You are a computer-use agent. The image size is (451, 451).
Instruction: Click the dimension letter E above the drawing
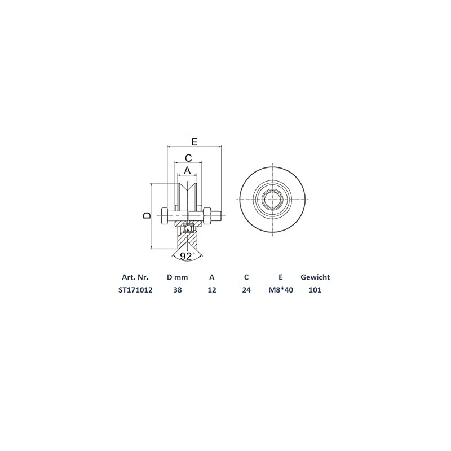pos(194,141)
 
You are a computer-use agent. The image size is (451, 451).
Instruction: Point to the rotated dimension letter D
pos(146,215)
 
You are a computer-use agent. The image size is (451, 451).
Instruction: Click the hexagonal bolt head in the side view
pos(164,215)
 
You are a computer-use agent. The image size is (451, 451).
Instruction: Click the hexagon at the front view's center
pos(273,200)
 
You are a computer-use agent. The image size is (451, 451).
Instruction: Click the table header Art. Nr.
pos(135,277)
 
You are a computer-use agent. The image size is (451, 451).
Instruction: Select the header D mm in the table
pos(177,277)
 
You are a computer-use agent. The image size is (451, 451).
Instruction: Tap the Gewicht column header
pos(315,277)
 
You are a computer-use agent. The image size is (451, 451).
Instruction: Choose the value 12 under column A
pos(211,290)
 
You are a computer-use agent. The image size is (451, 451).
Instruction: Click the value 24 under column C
pos(246,290)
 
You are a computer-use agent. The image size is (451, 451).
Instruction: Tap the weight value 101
pos(315,290)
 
